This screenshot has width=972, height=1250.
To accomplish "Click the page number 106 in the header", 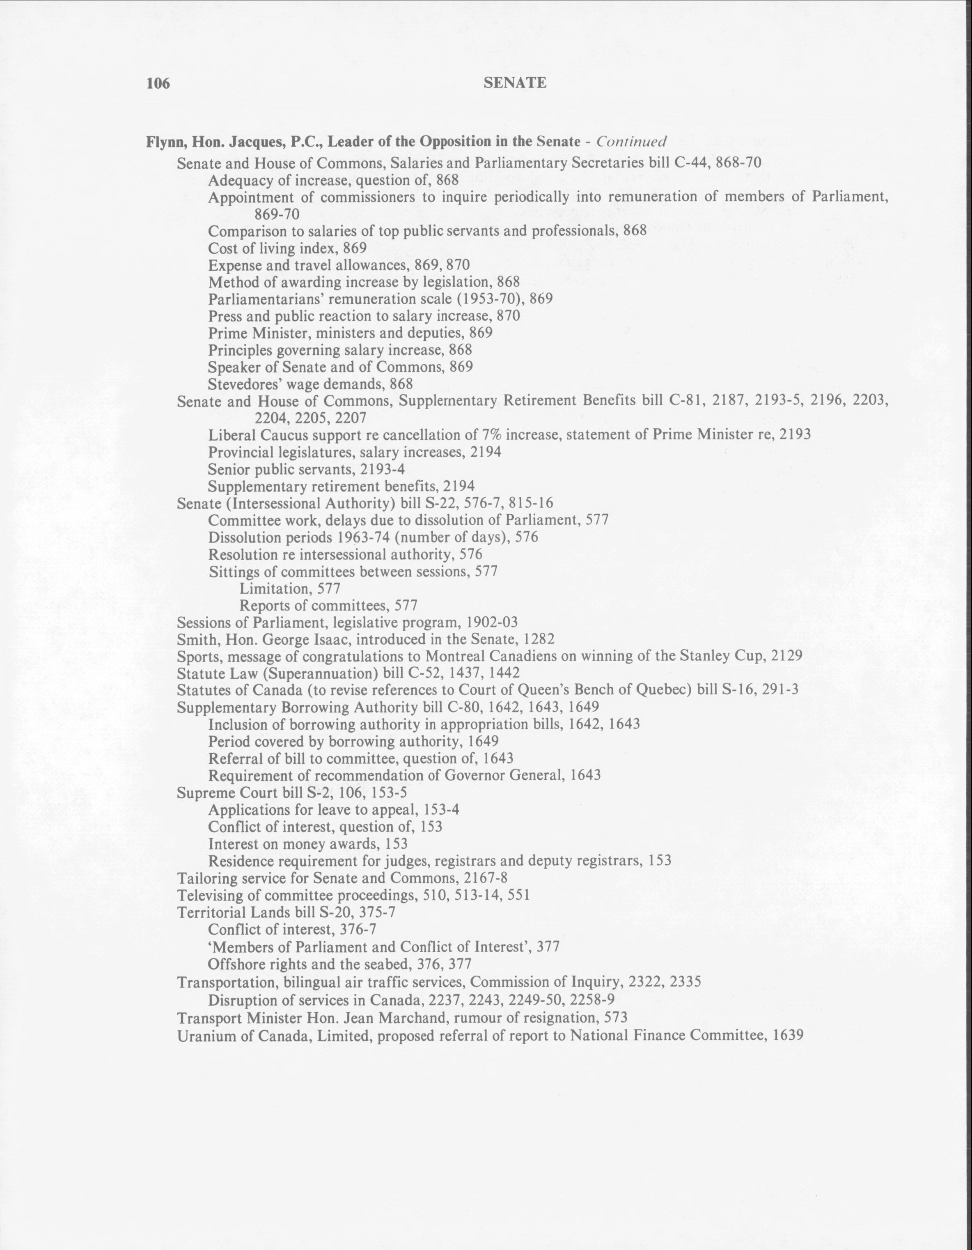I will coord(158,83).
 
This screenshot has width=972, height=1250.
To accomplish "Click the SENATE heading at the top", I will coord(514,83).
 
